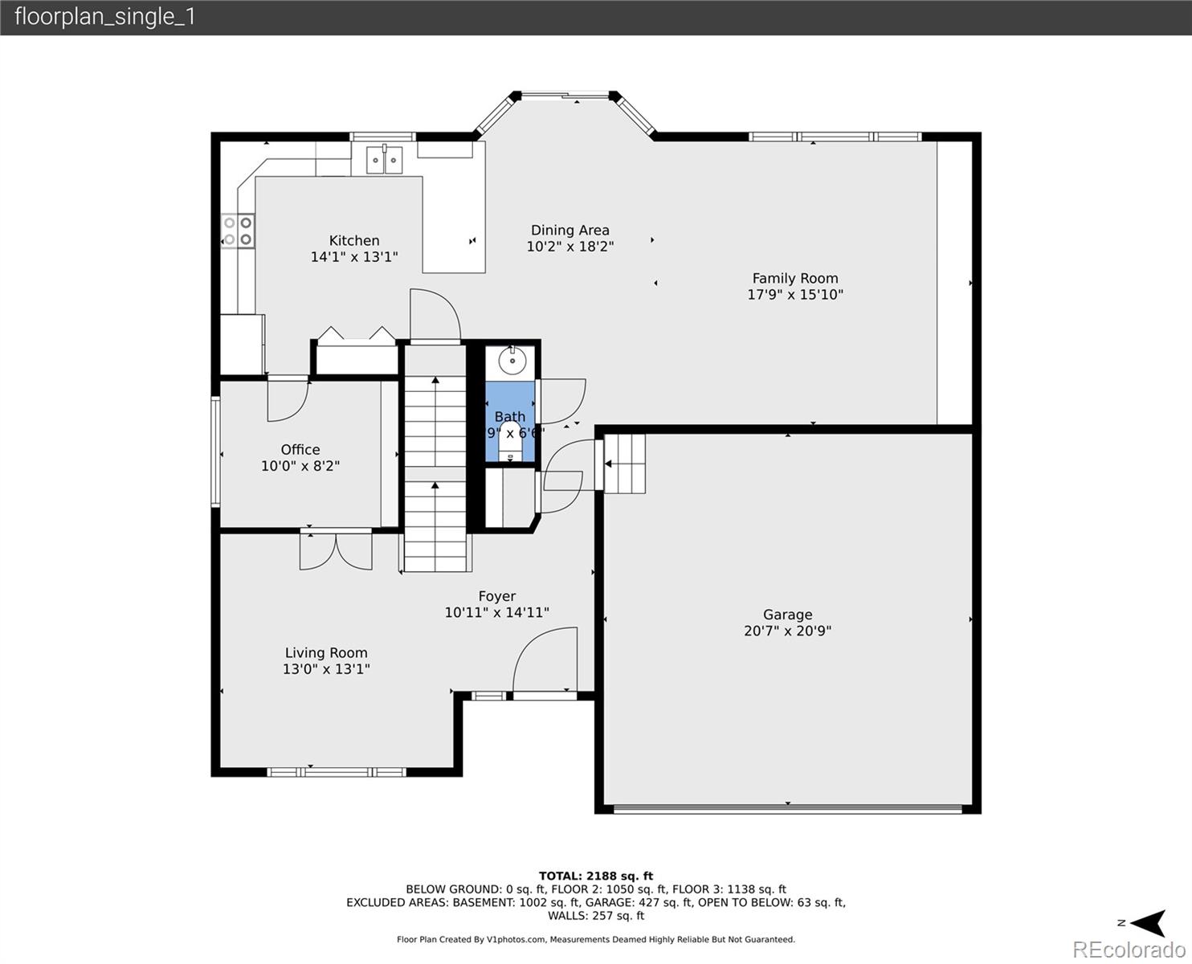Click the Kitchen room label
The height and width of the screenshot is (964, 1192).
click(x=354, y=240)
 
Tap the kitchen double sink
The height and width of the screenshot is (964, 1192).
click(x=384, y=160)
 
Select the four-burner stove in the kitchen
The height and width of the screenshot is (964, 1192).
click(x=238, y=231)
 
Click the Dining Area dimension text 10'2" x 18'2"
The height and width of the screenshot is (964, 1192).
click(x=569, y=247)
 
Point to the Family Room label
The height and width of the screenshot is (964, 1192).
click(x=794, y=279)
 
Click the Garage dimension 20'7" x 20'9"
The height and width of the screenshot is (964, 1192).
click(x=787, y=631)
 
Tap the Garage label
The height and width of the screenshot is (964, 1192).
click(x=787, y=615)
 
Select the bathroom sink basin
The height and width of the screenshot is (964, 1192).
click(x=512, y=361)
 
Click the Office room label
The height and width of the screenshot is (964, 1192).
click(x=300, y=450)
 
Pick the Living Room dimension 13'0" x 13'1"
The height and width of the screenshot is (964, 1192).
click(x=326, y=668)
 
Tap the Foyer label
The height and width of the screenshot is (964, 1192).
click(x=496, y=596)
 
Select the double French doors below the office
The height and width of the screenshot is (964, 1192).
click(x=336, y=550)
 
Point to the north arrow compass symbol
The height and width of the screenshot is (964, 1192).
click(x=1144, y=923)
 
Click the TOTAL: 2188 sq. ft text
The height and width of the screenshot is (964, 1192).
click(x=595, y=876)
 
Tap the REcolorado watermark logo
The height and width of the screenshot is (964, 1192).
click(x=1129, y=950)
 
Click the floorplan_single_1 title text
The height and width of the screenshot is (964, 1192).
click(x=104, y=17)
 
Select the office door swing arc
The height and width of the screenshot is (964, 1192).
click(x=288, y=399)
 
